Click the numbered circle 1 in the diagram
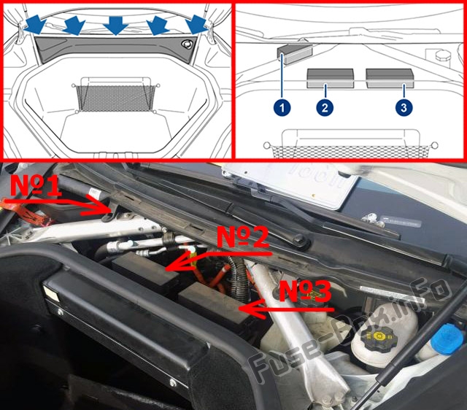[282, 107]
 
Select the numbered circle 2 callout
[325, 107]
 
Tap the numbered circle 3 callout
[404, 107]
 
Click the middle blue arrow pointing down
[115, 26]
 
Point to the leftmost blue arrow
[34, 24]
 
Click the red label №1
[36, 186]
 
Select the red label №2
[243, 237]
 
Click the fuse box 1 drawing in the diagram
[295, 54]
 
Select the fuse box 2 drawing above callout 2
[331, 78]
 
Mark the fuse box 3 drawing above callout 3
[390, 78]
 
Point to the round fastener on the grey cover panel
[188, 44]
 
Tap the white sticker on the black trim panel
[50, 293]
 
